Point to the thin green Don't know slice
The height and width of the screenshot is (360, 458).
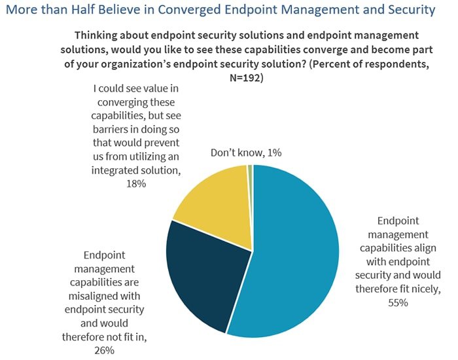click(x=250, y=169)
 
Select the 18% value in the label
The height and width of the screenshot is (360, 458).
click(x=137, y=185)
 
